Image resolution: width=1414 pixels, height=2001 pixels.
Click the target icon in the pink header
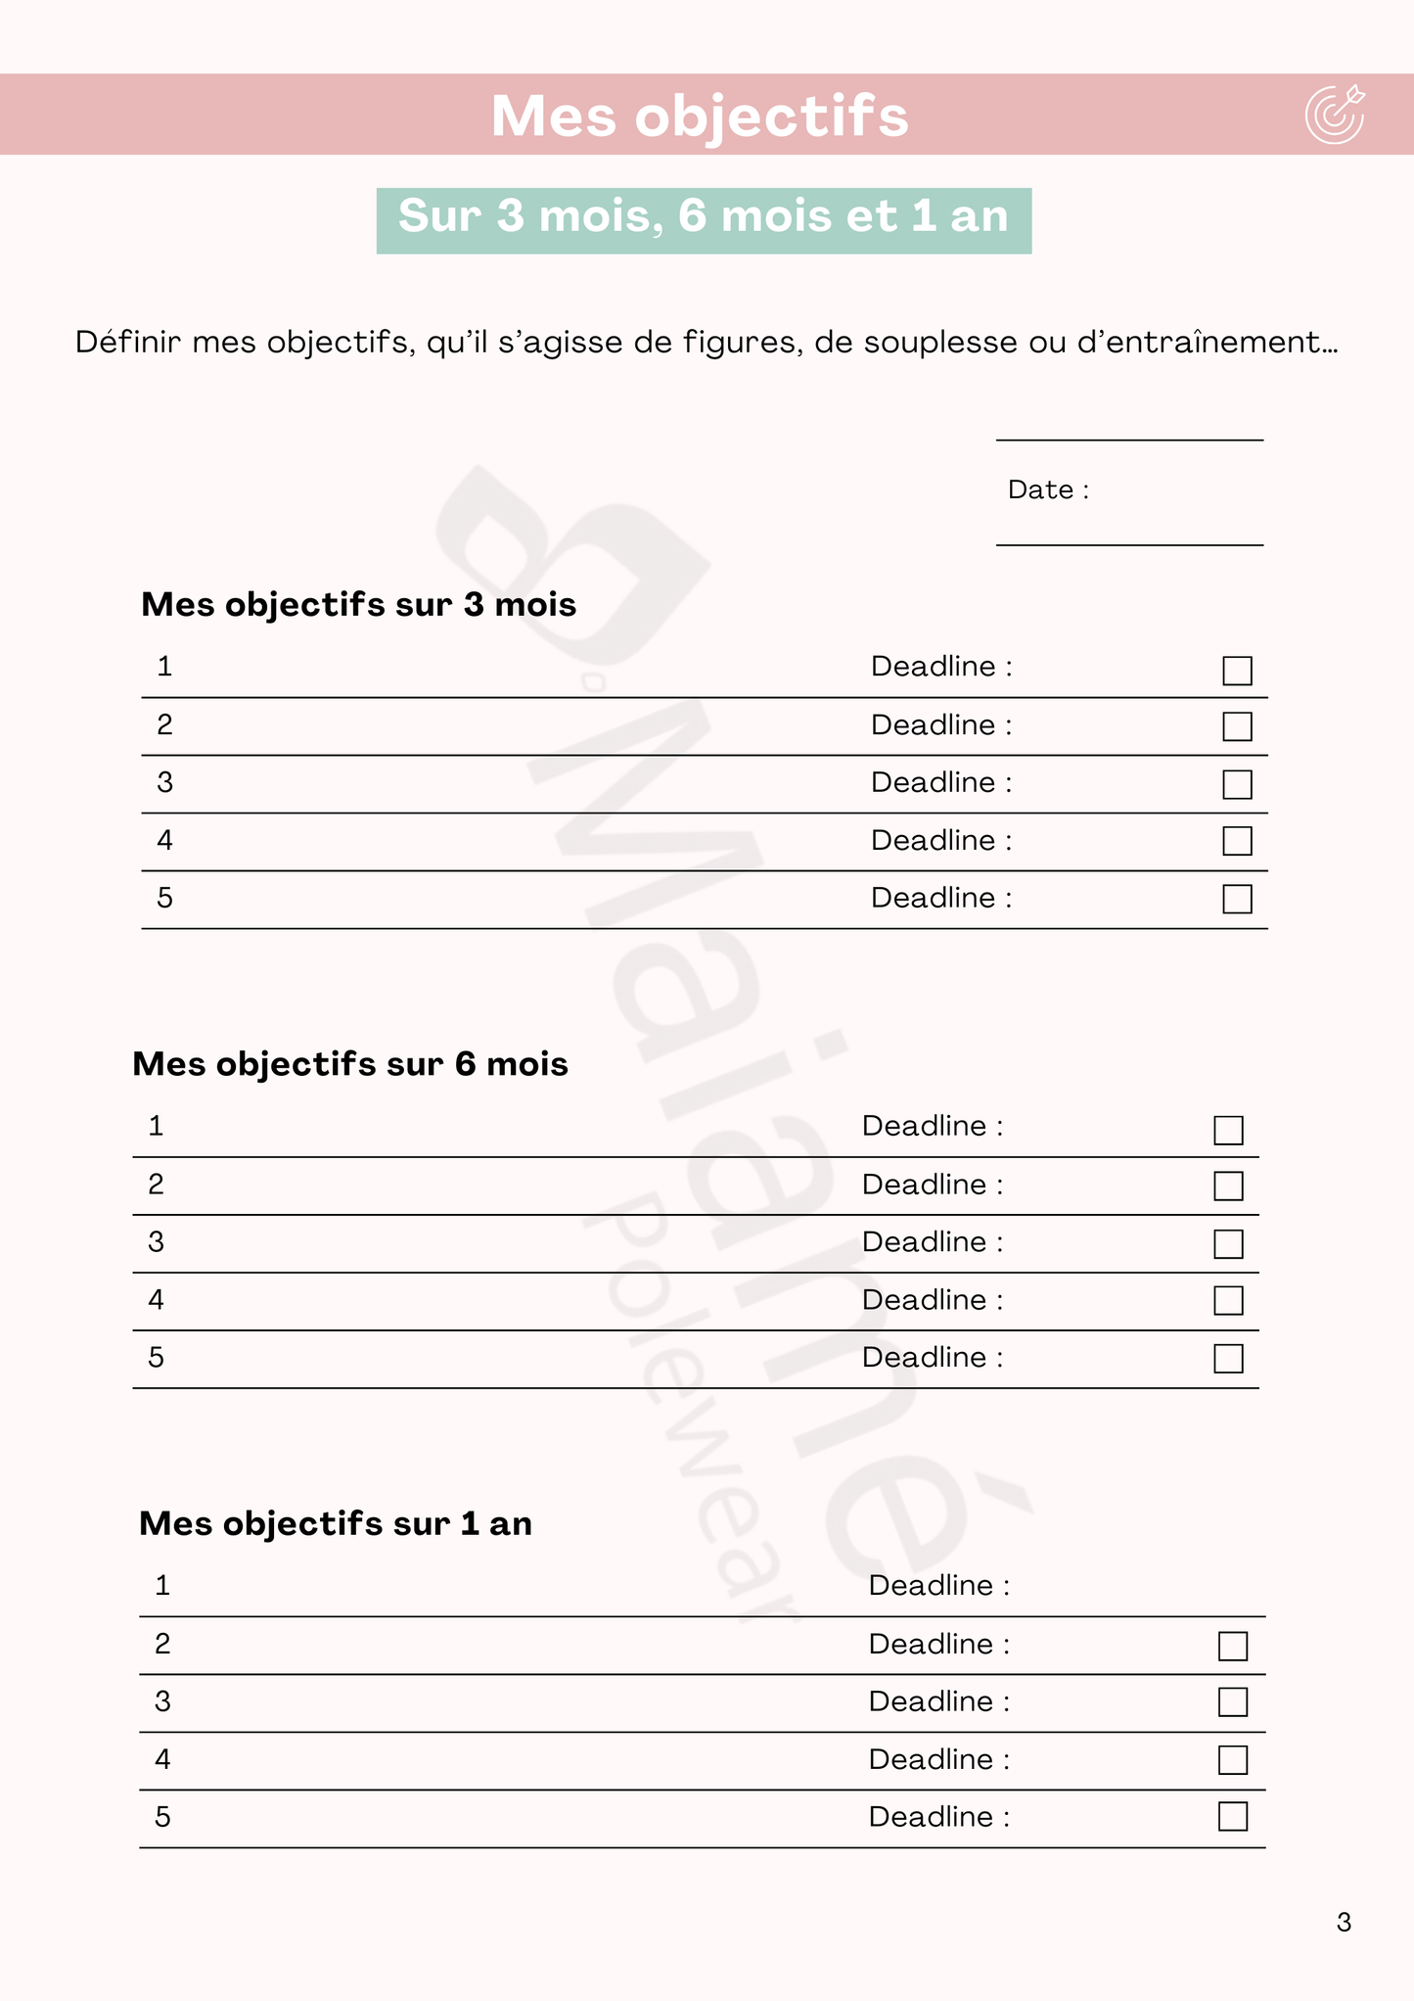click(1334, 115)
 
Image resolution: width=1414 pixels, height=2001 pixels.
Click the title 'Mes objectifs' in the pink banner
click(700, 116)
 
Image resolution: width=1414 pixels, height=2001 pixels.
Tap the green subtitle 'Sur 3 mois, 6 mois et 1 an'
click(704, 216)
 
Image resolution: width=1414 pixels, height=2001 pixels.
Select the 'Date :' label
click(1048, 489)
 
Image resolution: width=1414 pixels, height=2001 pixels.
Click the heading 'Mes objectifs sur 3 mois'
click(358, 604)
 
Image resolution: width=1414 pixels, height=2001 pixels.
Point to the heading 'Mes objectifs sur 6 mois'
click(350, 1063)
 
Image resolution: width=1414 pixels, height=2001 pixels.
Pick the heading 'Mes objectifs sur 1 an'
click(336, 1523)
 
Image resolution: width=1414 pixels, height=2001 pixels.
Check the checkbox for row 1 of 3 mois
click(1237, 671)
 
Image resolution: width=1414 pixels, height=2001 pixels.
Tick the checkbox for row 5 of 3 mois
click(1237, 899)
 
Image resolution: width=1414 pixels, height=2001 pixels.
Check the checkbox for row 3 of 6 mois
click(1228, 1244)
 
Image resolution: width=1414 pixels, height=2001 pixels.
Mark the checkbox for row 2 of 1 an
click(1233, 1647)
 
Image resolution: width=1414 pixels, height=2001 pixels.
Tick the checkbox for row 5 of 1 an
click(1233, 1817)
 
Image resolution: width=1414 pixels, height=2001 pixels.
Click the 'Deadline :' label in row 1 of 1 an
click(938, 1585)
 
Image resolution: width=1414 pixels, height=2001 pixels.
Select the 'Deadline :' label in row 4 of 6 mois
click(933, 1300)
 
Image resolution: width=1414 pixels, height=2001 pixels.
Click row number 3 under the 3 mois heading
click(164, 783)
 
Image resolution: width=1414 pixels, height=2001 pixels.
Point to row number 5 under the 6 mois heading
click(156, 1358)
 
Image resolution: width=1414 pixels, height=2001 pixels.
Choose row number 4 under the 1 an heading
click(162, 1760)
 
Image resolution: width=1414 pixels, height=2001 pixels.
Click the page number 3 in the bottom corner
click(1344, 1923)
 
